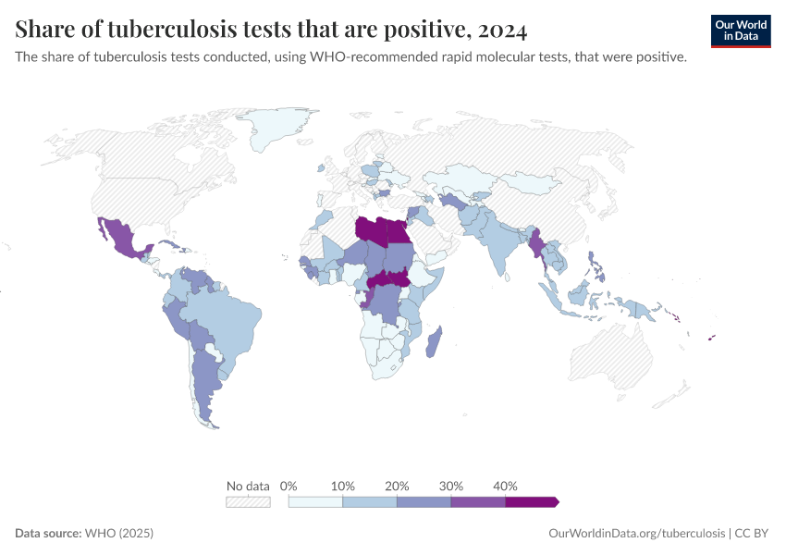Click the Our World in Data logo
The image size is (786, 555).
741,30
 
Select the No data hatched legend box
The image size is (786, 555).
248,501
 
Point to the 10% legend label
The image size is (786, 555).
343,486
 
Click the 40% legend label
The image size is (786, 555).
505,486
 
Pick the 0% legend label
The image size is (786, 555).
289,486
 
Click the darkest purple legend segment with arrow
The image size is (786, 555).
531,501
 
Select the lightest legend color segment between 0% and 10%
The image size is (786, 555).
315,501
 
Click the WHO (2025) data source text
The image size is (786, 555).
118,534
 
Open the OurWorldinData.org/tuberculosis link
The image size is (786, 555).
636,534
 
